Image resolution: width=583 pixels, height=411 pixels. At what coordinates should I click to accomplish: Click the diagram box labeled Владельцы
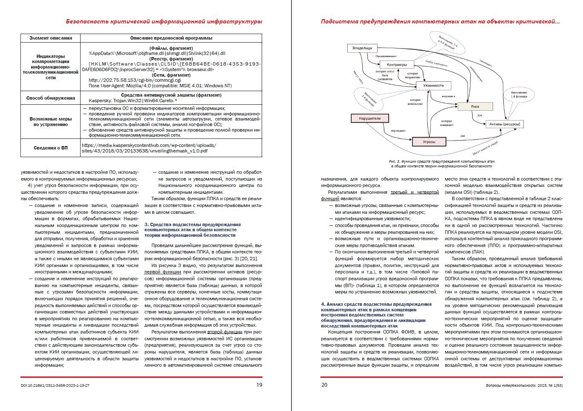tap(362, 48)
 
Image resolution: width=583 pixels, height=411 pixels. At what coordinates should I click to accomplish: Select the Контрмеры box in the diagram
tap(396, 65)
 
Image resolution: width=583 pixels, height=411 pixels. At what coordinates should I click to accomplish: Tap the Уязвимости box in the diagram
tap(433, 85)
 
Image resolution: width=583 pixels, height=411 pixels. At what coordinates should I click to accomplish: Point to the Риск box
tap(475, 106)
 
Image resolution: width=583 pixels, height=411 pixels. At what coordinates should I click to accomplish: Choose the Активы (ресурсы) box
tap(504, 124)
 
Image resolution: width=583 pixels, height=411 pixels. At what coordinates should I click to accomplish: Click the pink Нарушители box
tap(369, 118)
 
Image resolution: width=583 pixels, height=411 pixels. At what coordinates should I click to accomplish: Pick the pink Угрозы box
tap(429, 141)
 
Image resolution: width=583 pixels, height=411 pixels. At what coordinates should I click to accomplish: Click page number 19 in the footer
tap(259, 385)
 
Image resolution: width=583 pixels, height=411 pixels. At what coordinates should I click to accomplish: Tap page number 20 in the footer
tap(324, 385)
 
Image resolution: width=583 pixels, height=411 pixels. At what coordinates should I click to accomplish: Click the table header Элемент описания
tap(51, 38)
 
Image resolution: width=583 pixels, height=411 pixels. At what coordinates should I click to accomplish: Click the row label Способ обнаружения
tap(51, 98)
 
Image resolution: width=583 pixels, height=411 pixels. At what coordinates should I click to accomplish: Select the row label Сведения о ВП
tap(51, 148)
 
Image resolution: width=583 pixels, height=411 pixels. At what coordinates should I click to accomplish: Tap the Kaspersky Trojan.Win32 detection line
tap(133, 101)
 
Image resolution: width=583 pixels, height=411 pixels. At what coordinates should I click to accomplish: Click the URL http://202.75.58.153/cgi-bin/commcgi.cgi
tap(135, 80)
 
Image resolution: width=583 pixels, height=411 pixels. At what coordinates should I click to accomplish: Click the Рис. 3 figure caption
tap(442, 164)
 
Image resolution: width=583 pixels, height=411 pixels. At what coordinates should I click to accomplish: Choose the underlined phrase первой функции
tap(162, 272)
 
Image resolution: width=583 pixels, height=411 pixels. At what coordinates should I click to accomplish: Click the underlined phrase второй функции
tap(225, 332)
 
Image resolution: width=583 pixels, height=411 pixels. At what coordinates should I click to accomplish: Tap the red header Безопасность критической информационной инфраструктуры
tap(164, 21)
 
